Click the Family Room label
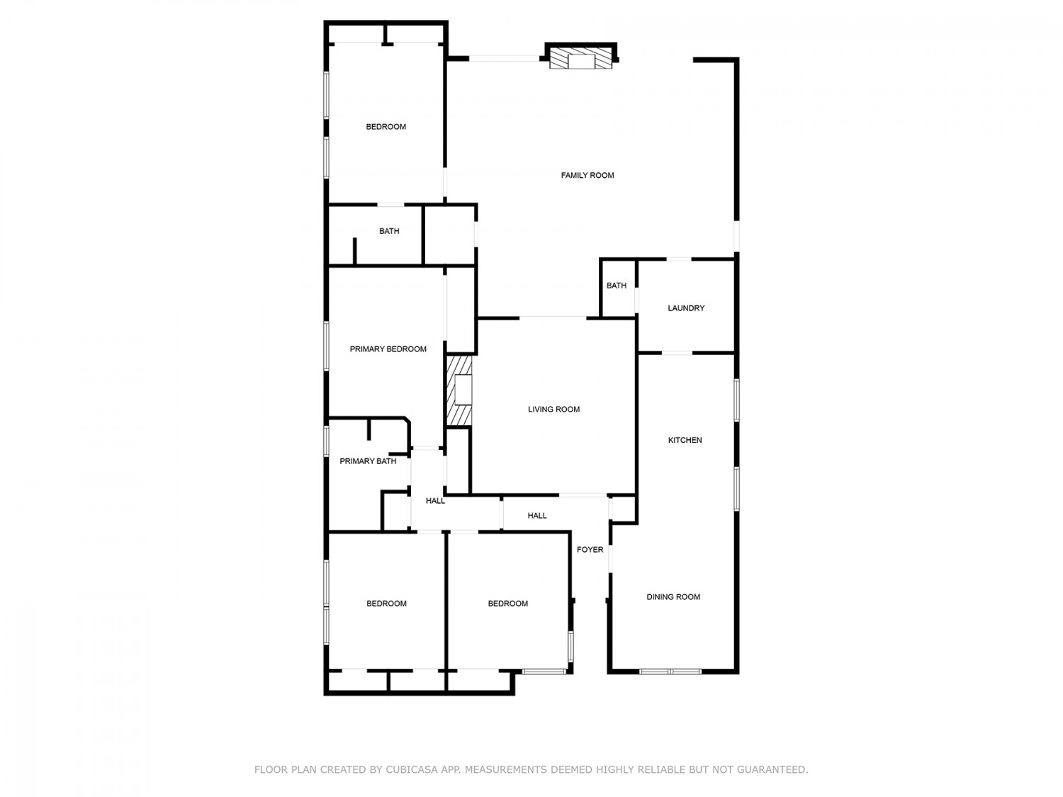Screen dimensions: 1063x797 click(x=587, y=175)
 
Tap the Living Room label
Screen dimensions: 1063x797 click(x=553, y=409)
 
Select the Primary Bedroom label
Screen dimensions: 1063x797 click(x=388, y=349)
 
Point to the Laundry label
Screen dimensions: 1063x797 click(x=686, y=307)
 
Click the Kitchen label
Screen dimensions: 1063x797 click(x=685, y=440)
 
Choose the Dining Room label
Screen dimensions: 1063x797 click(x=673, y=597)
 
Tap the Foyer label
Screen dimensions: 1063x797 click(x=590, y=549)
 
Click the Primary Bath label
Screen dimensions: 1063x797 click(x=368, y=461)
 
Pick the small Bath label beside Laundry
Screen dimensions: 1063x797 click(x=617, y=286)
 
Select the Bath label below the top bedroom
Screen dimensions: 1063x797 click(x=389, y=231)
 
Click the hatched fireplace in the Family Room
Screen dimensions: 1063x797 click(x=580, y=58)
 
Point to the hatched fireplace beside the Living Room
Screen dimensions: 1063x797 click(x=459, y=391)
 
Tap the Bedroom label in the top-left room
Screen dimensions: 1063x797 click(x=386, y=127)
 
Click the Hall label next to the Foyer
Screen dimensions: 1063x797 click(x=537, y=516)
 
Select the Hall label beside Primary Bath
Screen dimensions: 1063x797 click(x=435, y=501)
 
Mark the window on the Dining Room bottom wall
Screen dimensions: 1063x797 click(x=670, y=671)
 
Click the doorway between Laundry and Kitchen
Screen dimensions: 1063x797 click(x=677, y=354)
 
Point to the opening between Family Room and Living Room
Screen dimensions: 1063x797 click(x=553, y=318)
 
